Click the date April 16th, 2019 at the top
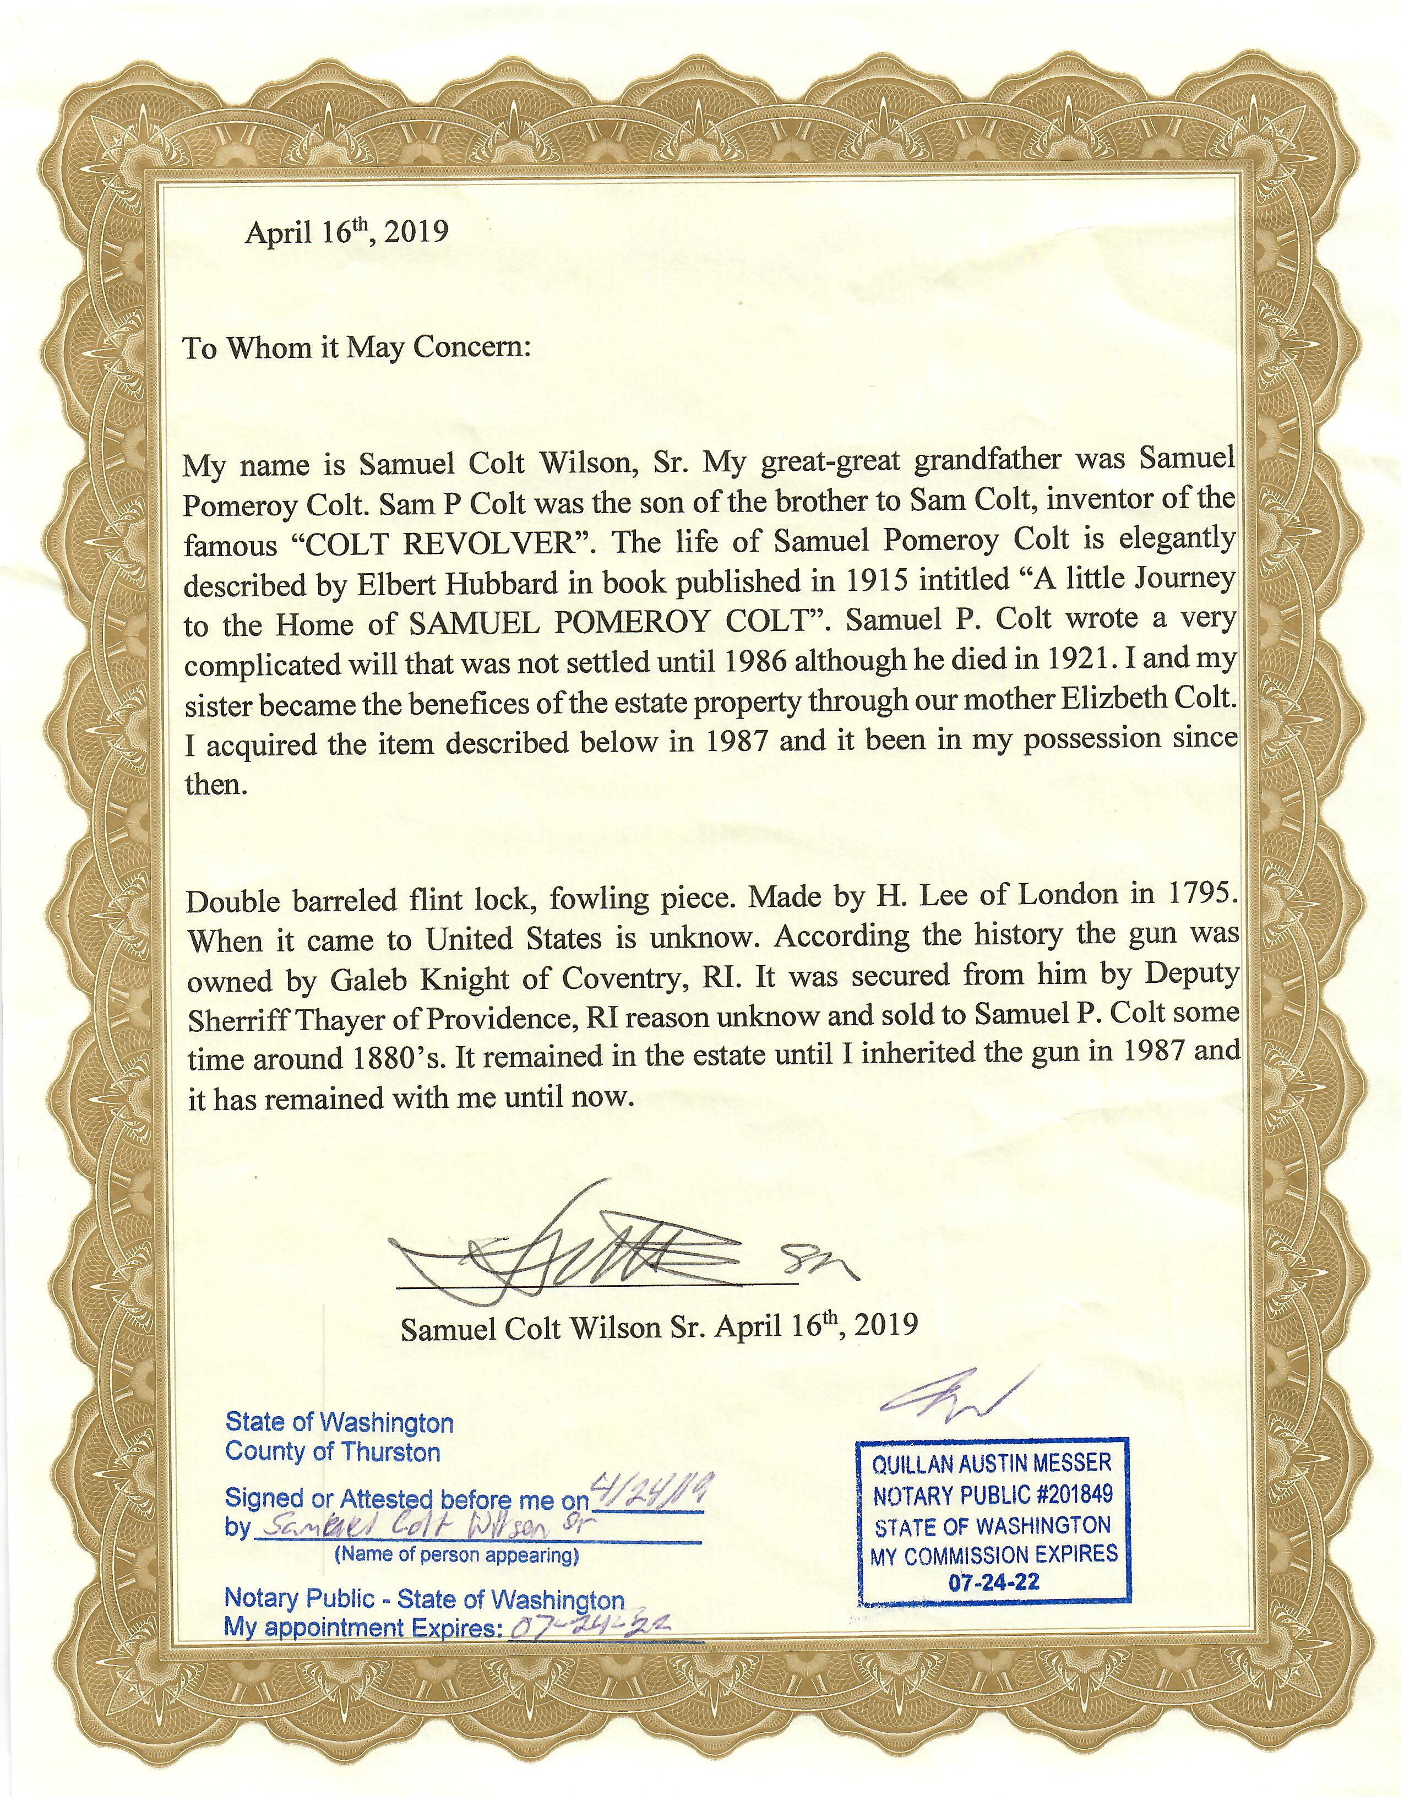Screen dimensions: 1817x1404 click(x=346, y=231)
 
